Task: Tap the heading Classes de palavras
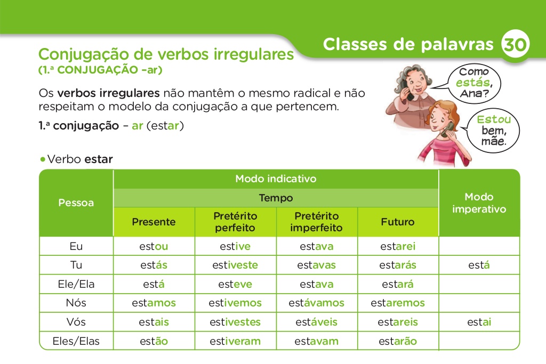408,44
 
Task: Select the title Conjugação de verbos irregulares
166,54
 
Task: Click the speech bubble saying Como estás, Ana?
473,83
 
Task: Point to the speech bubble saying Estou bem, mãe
493,131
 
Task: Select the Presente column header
154,222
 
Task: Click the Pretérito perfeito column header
235,222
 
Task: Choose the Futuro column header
397,222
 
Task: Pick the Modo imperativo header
479,203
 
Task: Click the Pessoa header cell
76,203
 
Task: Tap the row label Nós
76,303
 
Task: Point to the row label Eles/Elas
76,341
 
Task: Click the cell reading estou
154,246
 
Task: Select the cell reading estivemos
235,303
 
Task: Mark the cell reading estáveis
316,322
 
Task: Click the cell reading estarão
397,341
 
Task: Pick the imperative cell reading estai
479,322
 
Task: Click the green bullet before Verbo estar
42,159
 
